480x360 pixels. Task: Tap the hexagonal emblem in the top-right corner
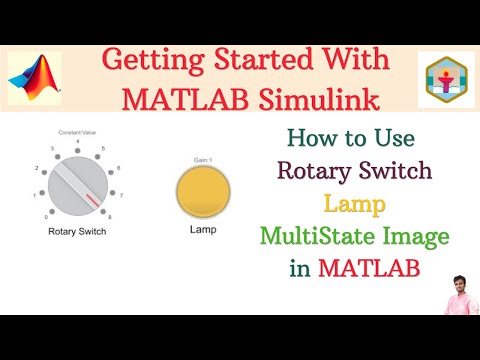pyautogui.click(x=446, y=80)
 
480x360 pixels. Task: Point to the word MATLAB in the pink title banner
pyautogui.click(x=179, y=101)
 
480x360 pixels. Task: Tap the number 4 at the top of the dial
pyautogui.click(x=77, y=143)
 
